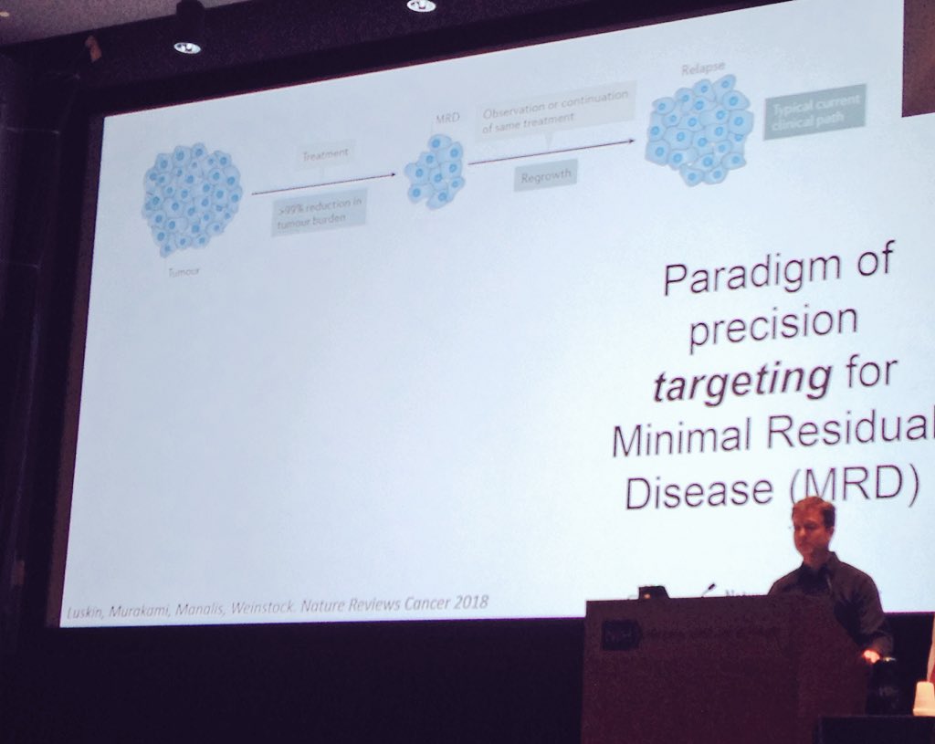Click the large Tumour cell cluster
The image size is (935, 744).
[x=191, y=199]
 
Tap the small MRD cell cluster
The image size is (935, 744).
[x=435, y=171]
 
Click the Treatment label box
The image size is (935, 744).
[x=325, y=155]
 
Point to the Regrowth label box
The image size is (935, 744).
[x=544, y=175]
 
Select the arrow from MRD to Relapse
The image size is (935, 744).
[x=552, y=152]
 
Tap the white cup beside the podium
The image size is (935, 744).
[x=923, y=698]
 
